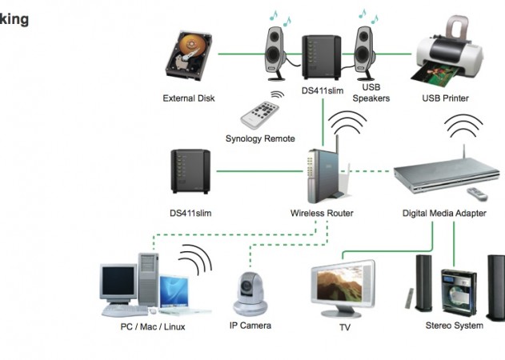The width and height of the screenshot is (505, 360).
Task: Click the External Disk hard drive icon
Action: (x=191, y=57)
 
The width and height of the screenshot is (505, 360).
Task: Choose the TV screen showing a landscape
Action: (x=343, y=284)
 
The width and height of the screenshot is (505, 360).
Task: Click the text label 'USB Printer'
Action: (x=445, y=98)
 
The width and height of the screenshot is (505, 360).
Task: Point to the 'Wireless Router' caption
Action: (x=322, y=214)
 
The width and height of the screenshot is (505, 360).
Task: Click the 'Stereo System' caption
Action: (x=454, y=326)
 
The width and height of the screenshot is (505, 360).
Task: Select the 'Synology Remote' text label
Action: (x=260, y=138)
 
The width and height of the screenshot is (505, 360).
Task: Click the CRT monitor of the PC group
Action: (x=119, y=282)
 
